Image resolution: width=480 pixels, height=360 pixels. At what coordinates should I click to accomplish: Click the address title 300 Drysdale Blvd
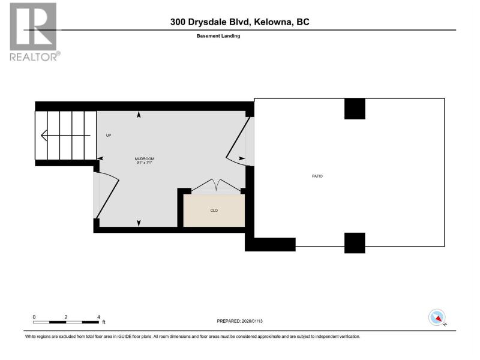tap(211, 22)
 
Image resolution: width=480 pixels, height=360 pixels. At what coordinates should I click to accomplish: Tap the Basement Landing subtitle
tap(218, 36)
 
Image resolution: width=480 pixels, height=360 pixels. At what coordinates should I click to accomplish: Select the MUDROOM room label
tap(144, 159)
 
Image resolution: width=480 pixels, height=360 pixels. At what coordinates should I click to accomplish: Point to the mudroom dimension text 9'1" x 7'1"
tap(144, 163)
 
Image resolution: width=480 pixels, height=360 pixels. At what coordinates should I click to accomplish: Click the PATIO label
tap(317, 176)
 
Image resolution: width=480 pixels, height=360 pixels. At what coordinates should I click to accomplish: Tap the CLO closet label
tap(214, 211)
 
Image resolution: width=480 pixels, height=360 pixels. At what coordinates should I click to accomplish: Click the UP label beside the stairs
tap(109, 136)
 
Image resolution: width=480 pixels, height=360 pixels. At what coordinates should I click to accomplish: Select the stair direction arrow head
tap(44, 136)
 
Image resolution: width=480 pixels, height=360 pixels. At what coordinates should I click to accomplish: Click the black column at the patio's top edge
tap(355, 109)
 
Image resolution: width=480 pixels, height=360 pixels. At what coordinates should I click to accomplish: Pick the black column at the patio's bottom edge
tap(355, 243)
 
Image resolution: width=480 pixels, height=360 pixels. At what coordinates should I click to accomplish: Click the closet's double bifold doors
tap(216, 186)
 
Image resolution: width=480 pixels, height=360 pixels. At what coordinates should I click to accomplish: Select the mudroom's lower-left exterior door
tap(106, 196)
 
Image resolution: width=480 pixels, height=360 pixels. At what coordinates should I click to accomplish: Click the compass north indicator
tap(437, 317)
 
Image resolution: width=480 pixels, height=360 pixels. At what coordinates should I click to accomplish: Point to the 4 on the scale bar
tap(98, 317)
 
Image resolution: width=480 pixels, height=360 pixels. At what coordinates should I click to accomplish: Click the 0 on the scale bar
tap(34, 317)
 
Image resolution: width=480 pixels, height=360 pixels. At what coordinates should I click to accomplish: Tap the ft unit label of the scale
tap(104, 322)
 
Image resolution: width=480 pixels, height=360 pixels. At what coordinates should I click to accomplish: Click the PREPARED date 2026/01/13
tap(252, 321)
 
